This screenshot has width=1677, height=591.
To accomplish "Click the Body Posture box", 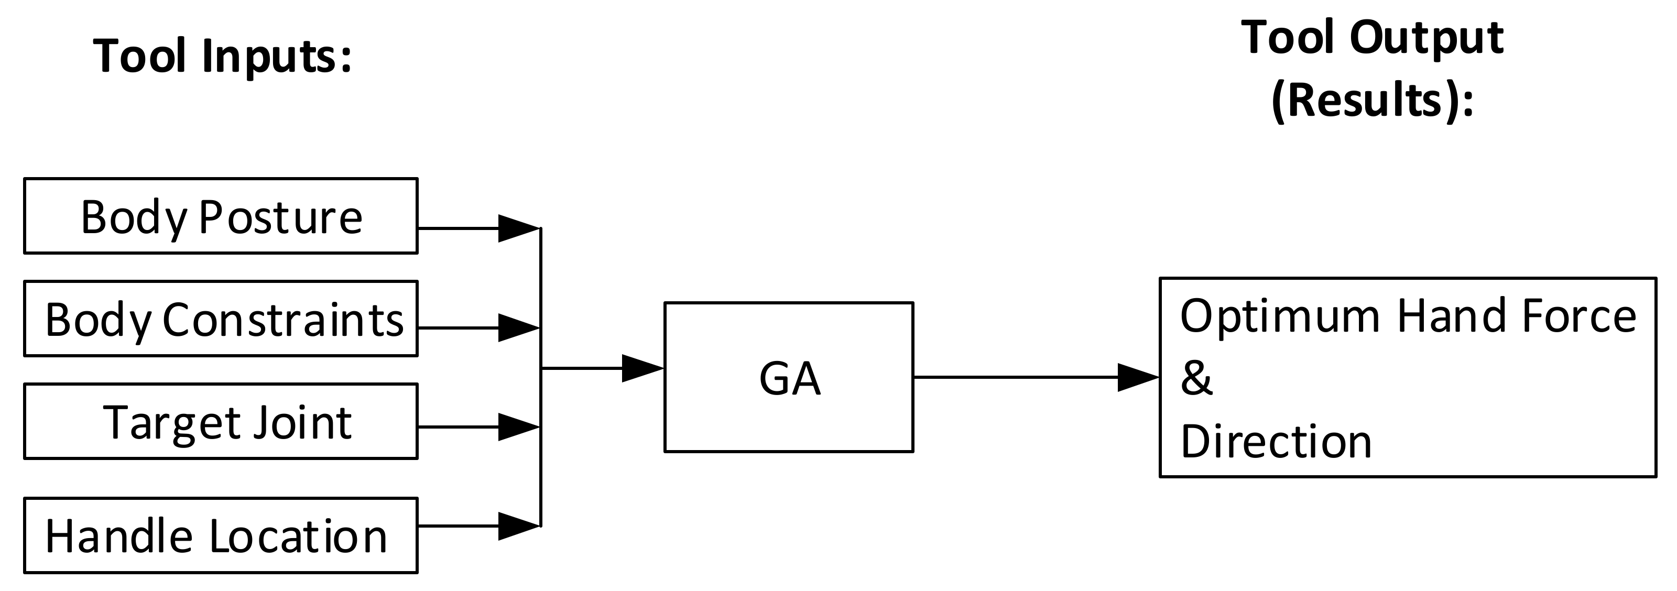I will tap(221, 215).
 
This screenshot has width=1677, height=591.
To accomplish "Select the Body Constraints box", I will tap(221, 318).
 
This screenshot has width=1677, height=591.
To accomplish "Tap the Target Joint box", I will tap(221, 421).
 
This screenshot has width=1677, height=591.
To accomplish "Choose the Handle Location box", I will tap(221, 535).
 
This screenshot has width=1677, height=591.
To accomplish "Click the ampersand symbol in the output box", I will tap(1196, 378).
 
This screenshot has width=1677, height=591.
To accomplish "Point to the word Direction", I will tap(1276, 441).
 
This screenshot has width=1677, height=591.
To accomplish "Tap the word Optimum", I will tap(1280, 316).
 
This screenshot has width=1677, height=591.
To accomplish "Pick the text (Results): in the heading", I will tap(1373, 101).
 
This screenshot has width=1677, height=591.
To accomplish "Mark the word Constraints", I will tap(283, 320).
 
